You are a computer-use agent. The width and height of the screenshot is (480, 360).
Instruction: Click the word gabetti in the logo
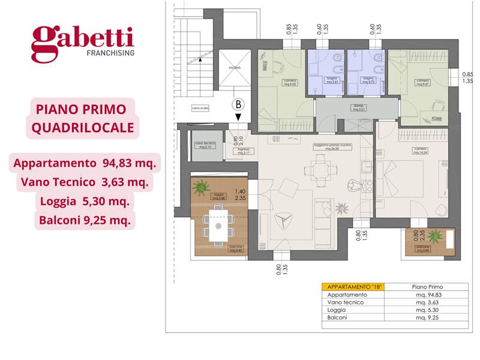(82, 40)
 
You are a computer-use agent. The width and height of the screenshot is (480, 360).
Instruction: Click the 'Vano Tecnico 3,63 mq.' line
(81, 182)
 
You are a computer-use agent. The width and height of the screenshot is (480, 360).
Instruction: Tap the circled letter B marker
(239, 104)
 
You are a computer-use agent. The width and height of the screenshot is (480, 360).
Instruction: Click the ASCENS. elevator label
(233, 69)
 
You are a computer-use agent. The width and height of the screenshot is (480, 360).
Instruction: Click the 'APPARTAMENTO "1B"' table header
(352, 287)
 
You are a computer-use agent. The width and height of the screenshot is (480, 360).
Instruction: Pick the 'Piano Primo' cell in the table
(427, 287)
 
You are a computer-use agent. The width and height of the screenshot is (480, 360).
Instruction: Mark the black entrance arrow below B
(239, 117)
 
